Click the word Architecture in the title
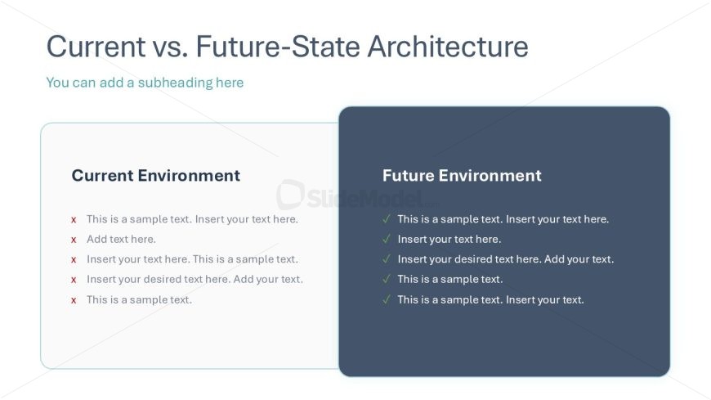(x=448, y=47)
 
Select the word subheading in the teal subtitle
(x=175, y=83)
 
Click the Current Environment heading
(x=155, y=175)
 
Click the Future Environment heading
(x=462, y=175)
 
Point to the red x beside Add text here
(x=74, y=240)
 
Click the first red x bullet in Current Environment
(x=74, y=220)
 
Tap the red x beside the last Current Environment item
(x=74, y=300)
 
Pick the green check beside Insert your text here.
(x=387, y=239)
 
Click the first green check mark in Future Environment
(x=387, y=219)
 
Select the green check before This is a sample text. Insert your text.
(x=387, y=299)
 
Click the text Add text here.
(x=121, y=240)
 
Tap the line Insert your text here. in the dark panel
(x=449, y=240)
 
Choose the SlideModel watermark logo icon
(x=290, y=195)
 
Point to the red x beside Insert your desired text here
(x=74, y=280)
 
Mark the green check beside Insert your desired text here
(x=387, y=258)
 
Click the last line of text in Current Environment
(x=139, y=299)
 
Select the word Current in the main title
(x=96, y=47)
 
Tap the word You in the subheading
(x=57, y=83)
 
